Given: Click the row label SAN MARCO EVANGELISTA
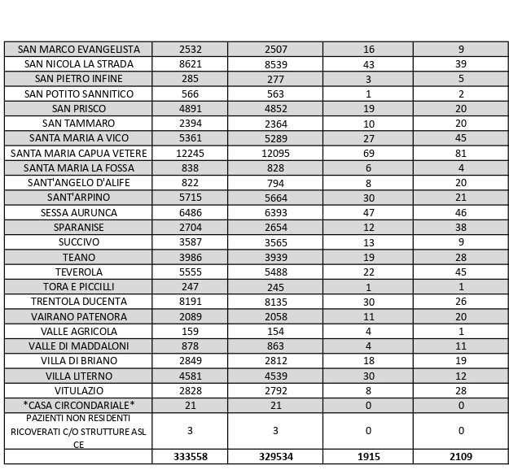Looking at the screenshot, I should tap(78, 50).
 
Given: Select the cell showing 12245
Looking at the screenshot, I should tap(190, 153).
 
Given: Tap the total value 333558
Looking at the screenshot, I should tap(190, 457).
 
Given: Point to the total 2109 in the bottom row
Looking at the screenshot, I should tap(461, 457).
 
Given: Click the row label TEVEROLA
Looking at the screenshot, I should tap(78, 272).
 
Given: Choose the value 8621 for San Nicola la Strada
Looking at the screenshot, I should tap(190, 64).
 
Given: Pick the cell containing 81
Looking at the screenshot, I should tap(461, 153).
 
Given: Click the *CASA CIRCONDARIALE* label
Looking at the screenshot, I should tap(78, 405).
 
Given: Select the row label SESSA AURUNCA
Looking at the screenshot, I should tap(78, 212).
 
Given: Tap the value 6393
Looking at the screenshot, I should tap(275, 212).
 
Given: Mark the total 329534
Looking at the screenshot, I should tap(275, 457).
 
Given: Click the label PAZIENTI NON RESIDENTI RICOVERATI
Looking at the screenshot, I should tap(78, 431).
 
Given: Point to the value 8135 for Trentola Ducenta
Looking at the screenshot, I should tap(275, 302).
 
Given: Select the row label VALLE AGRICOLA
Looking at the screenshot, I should tap(78, 331).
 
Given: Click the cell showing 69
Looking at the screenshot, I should tap(368, 153).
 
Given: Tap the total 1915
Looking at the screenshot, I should tap(368, 457).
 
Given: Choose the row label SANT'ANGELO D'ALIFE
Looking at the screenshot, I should tap(78, 182).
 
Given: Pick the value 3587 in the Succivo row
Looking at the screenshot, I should tap(190, 242).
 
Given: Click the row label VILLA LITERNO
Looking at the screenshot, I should tap(78, 376).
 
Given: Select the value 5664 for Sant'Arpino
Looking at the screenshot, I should tap(275, 198).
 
